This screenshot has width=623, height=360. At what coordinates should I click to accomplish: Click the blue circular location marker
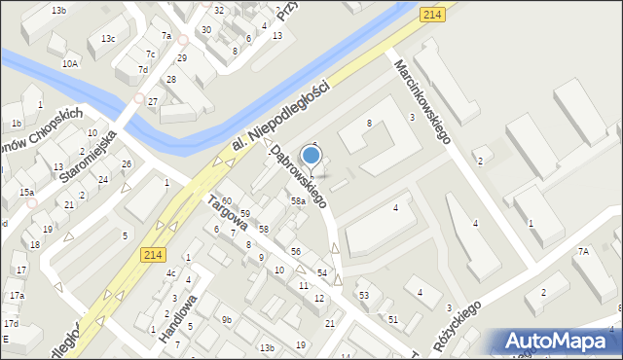coord(311,155)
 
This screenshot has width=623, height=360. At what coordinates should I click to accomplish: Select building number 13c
coord(107,39)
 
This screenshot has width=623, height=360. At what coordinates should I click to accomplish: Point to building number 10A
coord(70,63)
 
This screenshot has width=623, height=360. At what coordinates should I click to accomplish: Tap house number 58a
coord(298,201)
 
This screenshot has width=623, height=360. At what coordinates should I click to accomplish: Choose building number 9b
coord(226,319)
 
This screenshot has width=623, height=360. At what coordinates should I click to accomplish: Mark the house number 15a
coord(26,193)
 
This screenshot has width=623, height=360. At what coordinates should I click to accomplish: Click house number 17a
coord(17,295)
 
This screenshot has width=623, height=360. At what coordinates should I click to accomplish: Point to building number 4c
coord(170,273)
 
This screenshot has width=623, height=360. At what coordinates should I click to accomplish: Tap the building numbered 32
coord(219,10)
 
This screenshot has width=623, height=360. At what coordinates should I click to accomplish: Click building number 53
coord(363,295)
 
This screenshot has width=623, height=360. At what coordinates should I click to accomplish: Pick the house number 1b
coord(17,124)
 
